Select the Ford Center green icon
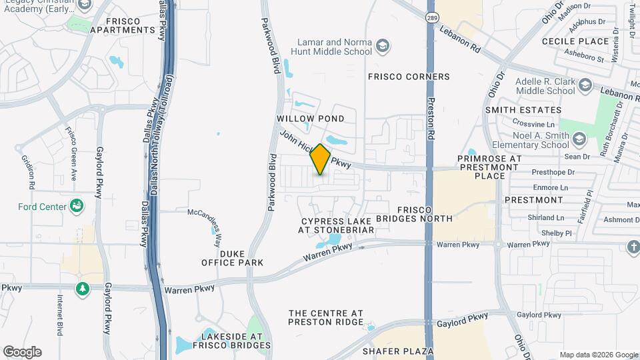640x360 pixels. point(77,206)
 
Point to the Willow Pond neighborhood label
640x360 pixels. point(311,119)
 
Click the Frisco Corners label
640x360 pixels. point(409,77)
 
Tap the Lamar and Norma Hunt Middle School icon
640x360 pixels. point(383,46)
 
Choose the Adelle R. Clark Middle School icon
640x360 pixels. point(585,85)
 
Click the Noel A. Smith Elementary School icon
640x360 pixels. point(579,139)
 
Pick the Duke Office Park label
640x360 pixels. point(233,258)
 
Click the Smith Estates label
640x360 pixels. point(523,110)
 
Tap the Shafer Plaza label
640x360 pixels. point(399,351)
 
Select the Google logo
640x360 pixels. point(22,351)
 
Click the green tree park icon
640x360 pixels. point(83,289)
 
